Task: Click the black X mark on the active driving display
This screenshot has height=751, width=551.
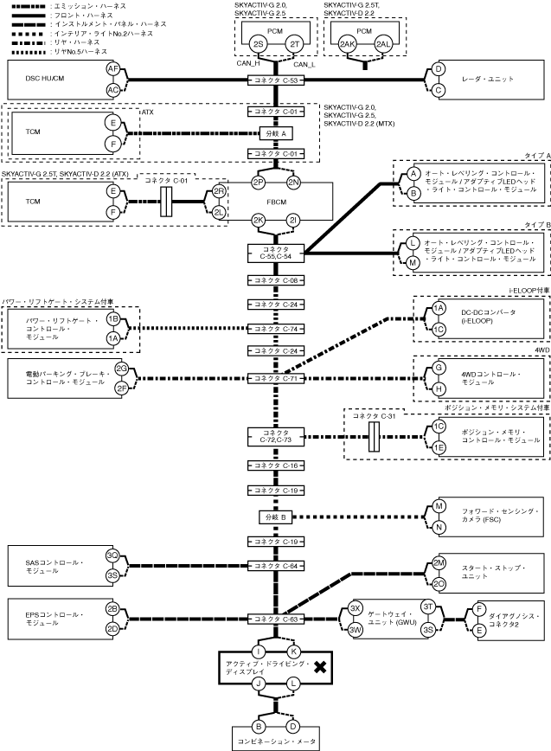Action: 320,667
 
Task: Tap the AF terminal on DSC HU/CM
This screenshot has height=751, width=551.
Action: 113,69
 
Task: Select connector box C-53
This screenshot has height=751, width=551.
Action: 276,80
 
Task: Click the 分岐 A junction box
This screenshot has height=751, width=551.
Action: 276,133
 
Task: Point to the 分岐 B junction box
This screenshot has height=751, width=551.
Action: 276,517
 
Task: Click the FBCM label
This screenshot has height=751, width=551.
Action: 277,202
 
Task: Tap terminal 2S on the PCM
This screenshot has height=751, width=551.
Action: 259,44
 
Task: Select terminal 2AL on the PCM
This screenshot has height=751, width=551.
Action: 383,44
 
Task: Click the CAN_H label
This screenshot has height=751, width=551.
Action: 248,63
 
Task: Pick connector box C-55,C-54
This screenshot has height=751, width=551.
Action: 276,253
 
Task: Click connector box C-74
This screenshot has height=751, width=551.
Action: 276,329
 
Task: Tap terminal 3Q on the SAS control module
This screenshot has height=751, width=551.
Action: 113,555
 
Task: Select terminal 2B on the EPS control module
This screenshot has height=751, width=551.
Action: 113,609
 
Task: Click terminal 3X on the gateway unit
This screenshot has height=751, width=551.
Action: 356,609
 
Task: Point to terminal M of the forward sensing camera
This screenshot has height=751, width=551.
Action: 439,506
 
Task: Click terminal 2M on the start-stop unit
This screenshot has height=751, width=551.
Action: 439,562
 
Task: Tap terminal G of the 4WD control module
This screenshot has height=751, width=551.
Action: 439,368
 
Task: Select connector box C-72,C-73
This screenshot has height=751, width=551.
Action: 276,437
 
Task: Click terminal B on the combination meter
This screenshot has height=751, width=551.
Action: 259,727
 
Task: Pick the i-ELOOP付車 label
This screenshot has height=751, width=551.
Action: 529,290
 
